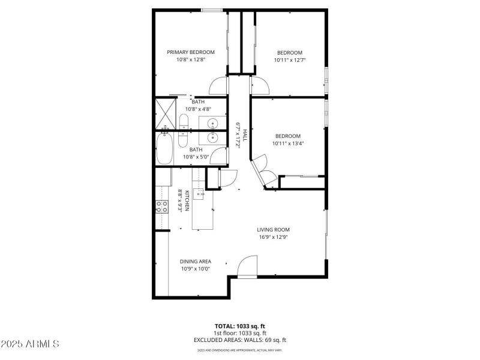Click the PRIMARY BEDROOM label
191,52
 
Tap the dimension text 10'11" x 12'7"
290,60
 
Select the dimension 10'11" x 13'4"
288,143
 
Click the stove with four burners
162,207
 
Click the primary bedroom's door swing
220,86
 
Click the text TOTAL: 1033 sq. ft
239,326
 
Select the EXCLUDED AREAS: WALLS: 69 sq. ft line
239,340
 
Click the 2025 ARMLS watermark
30,344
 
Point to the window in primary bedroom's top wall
211,10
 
